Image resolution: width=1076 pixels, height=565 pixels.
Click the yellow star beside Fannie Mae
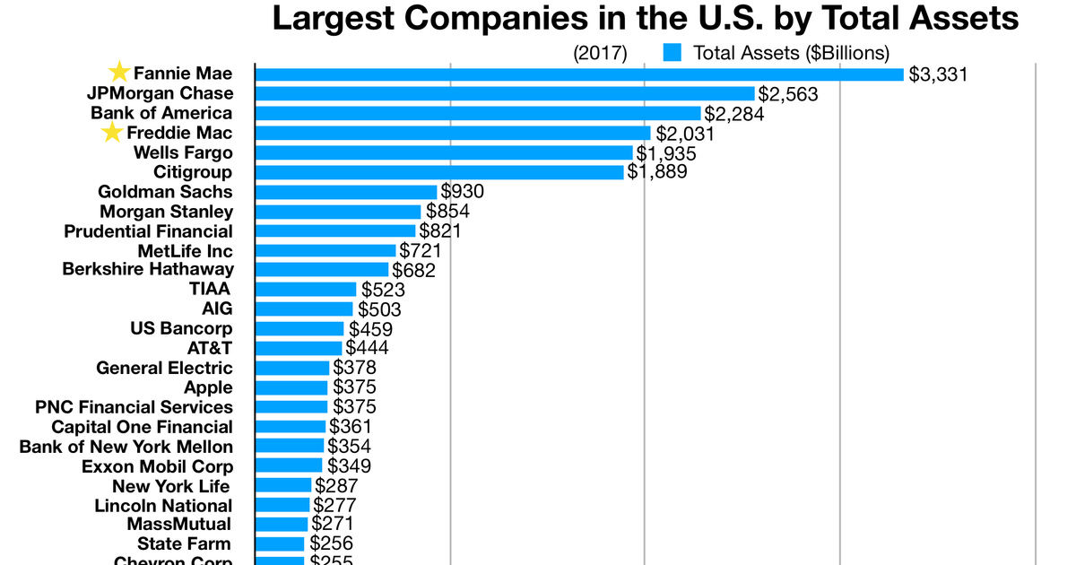click(118, 73)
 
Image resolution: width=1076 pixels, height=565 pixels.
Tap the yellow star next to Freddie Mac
click(112, 133)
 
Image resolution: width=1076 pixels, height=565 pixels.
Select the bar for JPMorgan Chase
click(505, 93)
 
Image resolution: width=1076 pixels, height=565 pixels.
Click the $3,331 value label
click(939, 74)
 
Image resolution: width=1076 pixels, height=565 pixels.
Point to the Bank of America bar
click(478, 113)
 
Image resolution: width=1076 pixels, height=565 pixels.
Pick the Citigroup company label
click(193, 172)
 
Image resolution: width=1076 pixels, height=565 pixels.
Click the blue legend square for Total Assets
click(672, 53)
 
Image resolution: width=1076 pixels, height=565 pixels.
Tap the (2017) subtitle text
click(600, 53)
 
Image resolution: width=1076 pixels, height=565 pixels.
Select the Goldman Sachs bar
click(346, 192)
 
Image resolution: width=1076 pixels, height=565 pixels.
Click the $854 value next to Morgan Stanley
click(447, 212)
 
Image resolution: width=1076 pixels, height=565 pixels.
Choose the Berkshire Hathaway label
click(148, 269)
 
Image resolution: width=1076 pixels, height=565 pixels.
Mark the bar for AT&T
click(299, 348)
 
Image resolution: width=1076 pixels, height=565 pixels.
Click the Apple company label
click(208, 387)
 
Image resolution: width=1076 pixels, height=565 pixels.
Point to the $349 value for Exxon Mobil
click(349, 466)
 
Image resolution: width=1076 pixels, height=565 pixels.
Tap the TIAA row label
click(210, 289)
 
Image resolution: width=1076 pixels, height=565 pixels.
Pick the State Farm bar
click(280, 543)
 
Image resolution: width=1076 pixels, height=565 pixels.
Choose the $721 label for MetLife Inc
click(420, 250)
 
